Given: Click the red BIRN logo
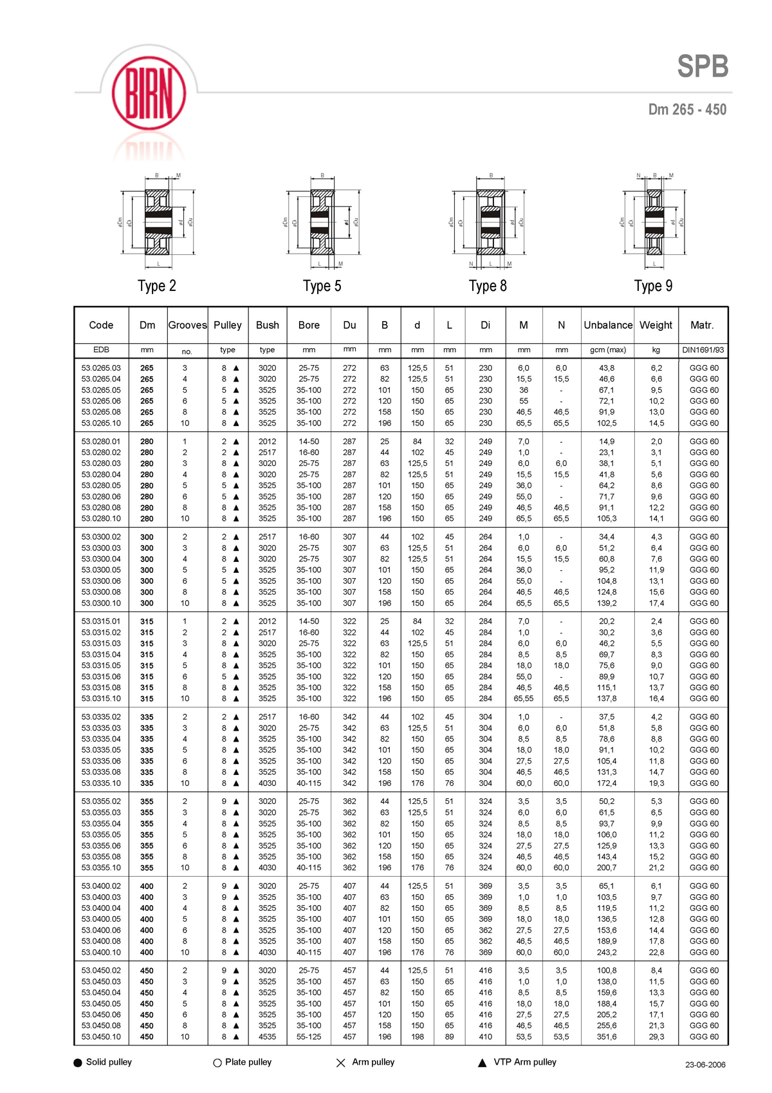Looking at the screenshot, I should (x=149, y=94).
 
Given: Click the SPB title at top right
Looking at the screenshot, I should (x=703, y=66).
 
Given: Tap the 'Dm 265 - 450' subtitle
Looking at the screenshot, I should (x=687, y=109).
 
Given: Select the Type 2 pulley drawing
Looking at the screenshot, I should (x=157, y=221).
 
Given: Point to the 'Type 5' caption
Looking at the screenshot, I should (x=322, y=286).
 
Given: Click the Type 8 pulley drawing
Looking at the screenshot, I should (x=490, y=221).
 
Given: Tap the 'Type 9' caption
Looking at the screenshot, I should (x=653, y=286).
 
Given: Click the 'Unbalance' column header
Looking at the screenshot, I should (x=608, y=325).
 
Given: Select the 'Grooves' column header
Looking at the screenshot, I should (x=187, y=325).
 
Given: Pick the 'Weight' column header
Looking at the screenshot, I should (x=656, y=325).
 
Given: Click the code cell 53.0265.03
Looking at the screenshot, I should (x=101, y=368).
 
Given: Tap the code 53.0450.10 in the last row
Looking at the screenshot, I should (x=101, y=1037).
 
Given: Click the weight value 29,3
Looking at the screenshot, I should (x=656, y=1037).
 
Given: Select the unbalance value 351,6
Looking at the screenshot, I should (x=607, y=1037).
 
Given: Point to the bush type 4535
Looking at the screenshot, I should (x=267, y=1037).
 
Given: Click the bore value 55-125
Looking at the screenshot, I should (x=309, y=1037).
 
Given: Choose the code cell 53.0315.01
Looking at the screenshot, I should (x=101, y=622).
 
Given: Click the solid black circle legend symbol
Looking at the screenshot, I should (x=78, y=1063).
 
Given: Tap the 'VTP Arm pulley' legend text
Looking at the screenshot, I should (x=525, y=1062).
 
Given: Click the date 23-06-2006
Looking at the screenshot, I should (x=705, y=1065).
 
